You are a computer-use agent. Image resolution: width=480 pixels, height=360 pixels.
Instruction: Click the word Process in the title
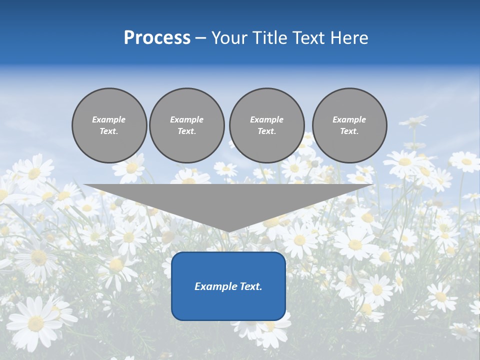(x=157, y=38)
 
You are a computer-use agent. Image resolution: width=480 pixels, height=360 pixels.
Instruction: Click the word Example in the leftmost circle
(x=109, y=119)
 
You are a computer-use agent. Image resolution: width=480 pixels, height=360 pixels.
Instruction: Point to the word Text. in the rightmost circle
(x=349, y=131)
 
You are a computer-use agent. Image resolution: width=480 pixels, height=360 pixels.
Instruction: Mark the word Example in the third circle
(x=266, y=119)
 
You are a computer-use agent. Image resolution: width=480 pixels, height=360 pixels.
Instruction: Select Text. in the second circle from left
(x=187, y=131)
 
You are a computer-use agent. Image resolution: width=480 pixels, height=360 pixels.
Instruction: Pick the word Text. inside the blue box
(x=250, y=286)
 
